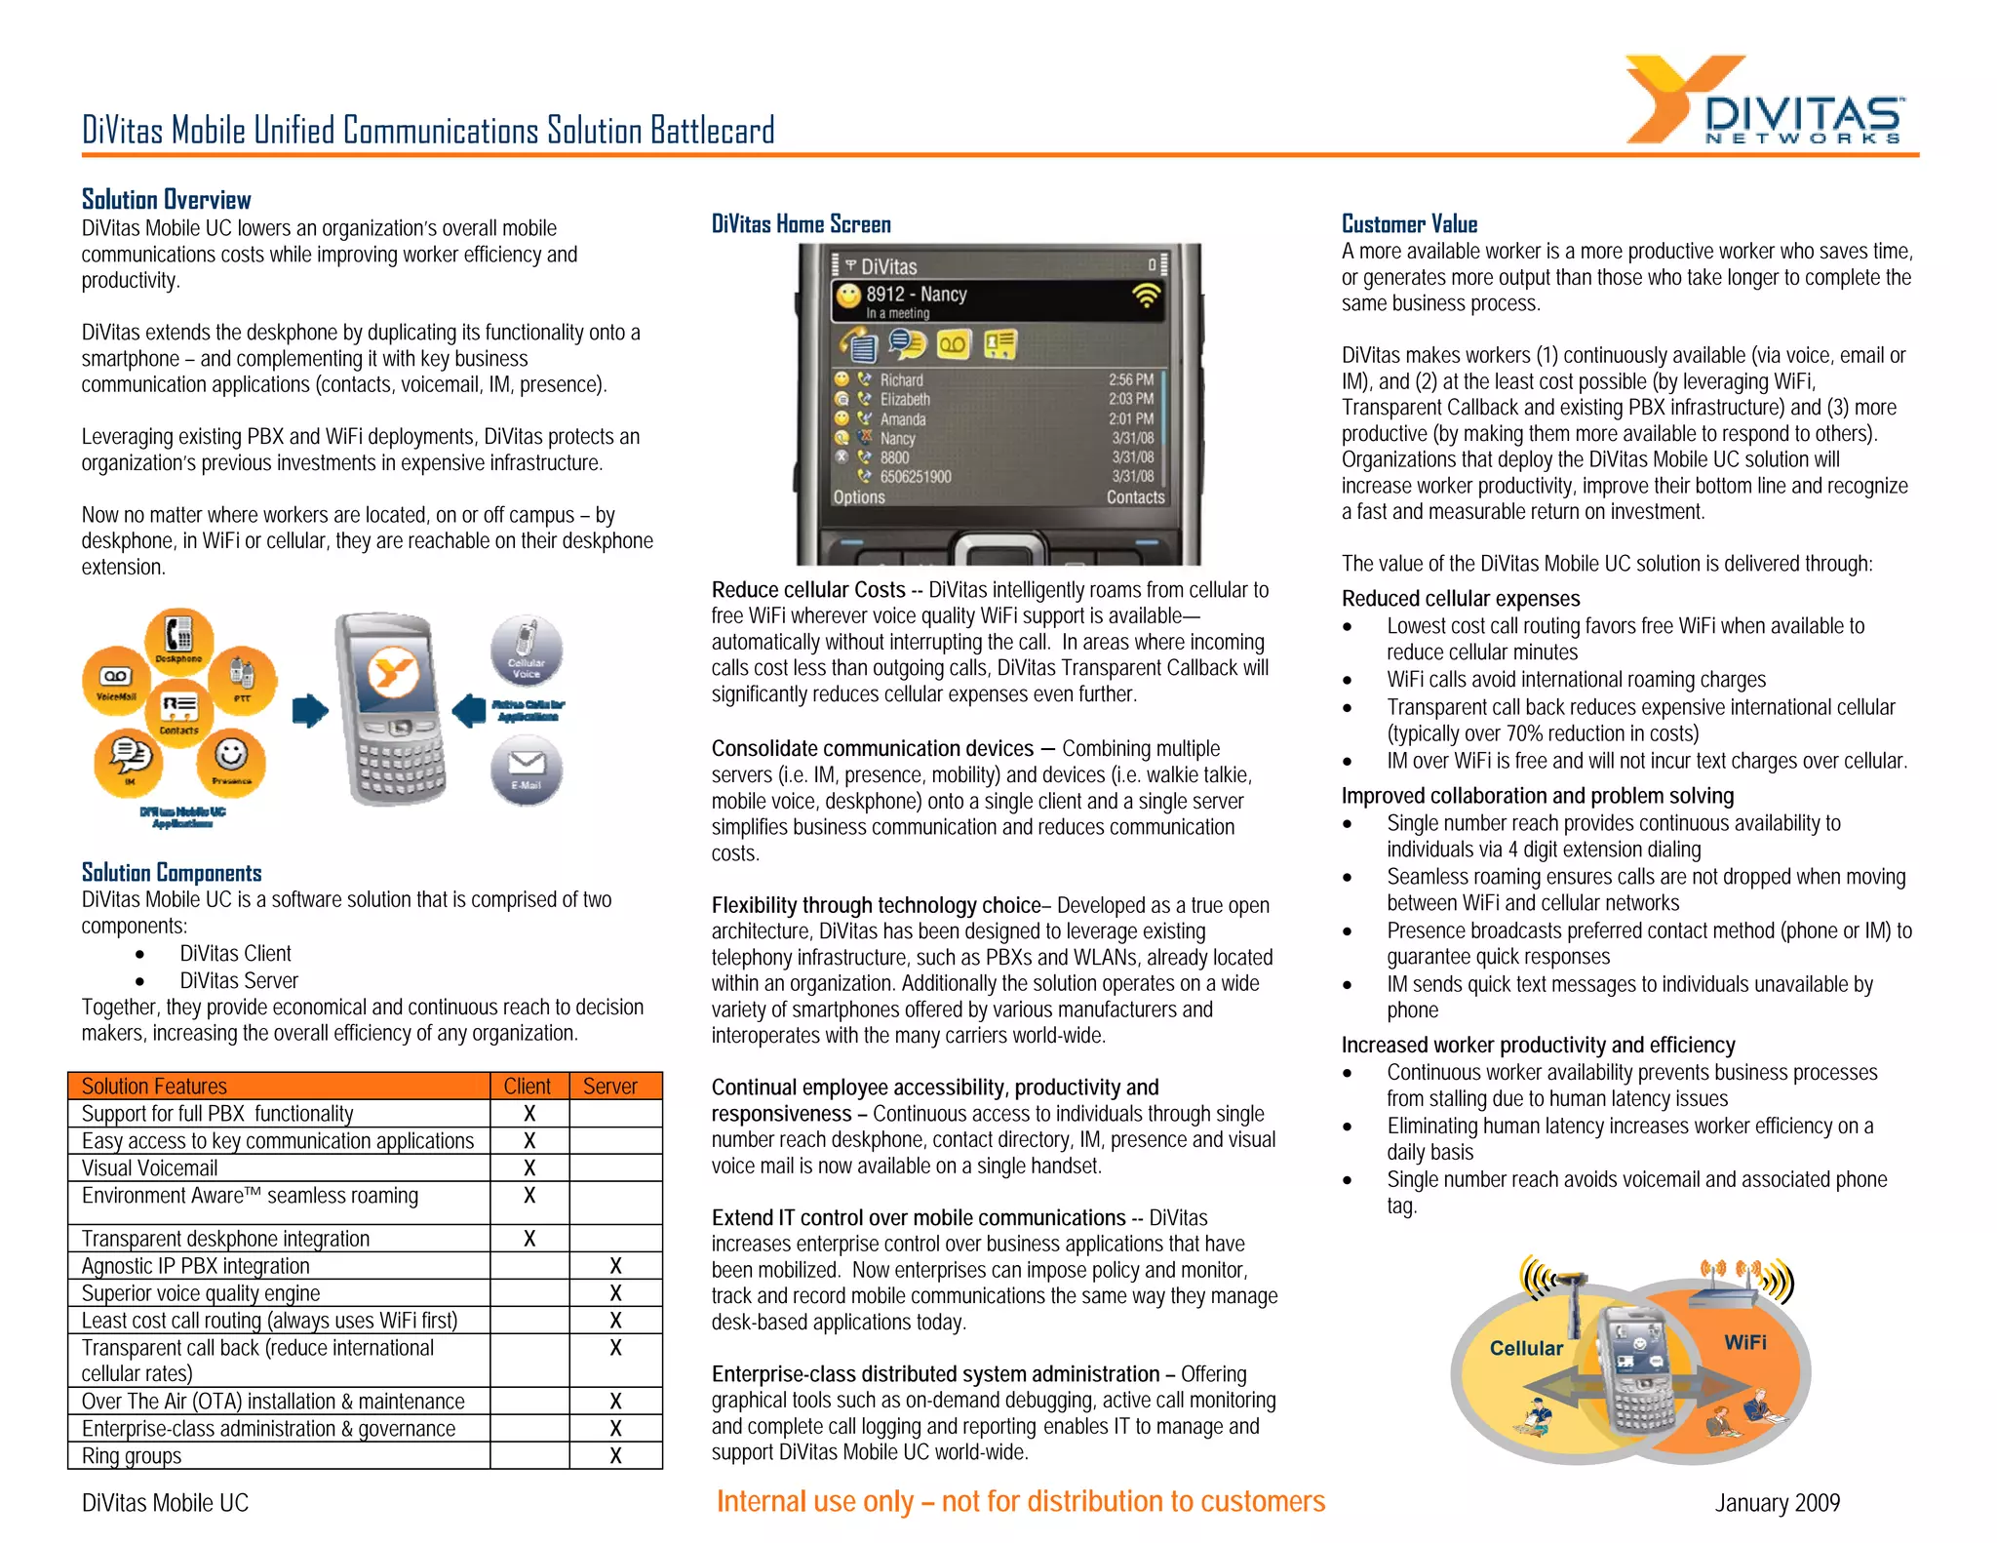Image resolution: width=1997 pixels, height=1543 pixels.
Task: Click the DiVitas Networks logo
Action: [1765, 101]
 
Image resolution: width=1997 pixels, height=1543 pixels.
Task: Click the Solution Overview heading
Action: [166, 200]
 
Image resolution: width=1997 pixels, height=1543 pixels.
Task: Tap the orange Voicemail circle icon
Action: [116, 680]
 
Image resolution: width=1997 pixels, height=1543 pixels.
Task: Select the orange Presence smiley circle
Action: [231, 759]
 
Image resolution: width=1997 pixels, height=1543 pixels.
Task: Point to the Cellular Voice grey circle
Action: [527, 650]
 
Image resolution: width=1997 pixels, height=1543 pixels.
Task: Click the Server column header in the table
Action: [609, 1086]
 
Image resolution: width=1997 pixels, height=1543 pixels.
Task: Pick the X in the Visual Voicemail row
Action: [529, 1167]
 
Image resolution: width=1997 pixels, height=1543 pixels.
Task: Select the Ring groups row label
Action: [132, 1455]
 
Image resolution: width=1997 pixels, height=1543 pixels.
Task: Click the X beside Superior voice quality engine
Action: [615, 1292]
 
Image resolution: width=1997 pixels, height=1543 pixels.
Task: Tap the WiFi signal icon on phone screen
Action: [1147, 296]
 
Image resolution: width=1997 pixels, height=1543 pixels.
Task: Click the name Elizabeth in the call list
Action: [905, 399]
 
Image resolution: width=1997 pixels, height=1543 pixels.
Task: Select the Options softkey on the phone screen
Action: [858, 496]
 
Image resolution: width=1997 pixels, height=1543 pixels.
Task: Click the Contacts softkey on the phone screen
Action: [1135, 496]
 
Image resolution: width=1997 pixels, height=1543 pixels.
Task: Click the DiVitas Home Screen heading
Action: [801, 224]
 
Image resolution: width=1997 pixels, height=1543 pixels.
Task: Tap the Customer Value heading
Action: [1409, 224]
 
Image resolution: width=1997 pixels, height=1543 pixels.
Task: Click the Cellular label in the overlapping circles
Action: [1526, 1348]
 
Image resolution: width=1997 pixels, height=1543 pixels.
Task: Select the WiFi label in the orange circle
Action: [1744, 1342]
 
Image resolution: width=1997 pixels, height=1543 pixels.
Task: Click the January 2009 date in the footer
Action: [1777, 1502]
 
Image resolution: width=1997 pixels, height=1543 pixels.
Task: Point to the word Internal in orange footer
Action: [765, 1501]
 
